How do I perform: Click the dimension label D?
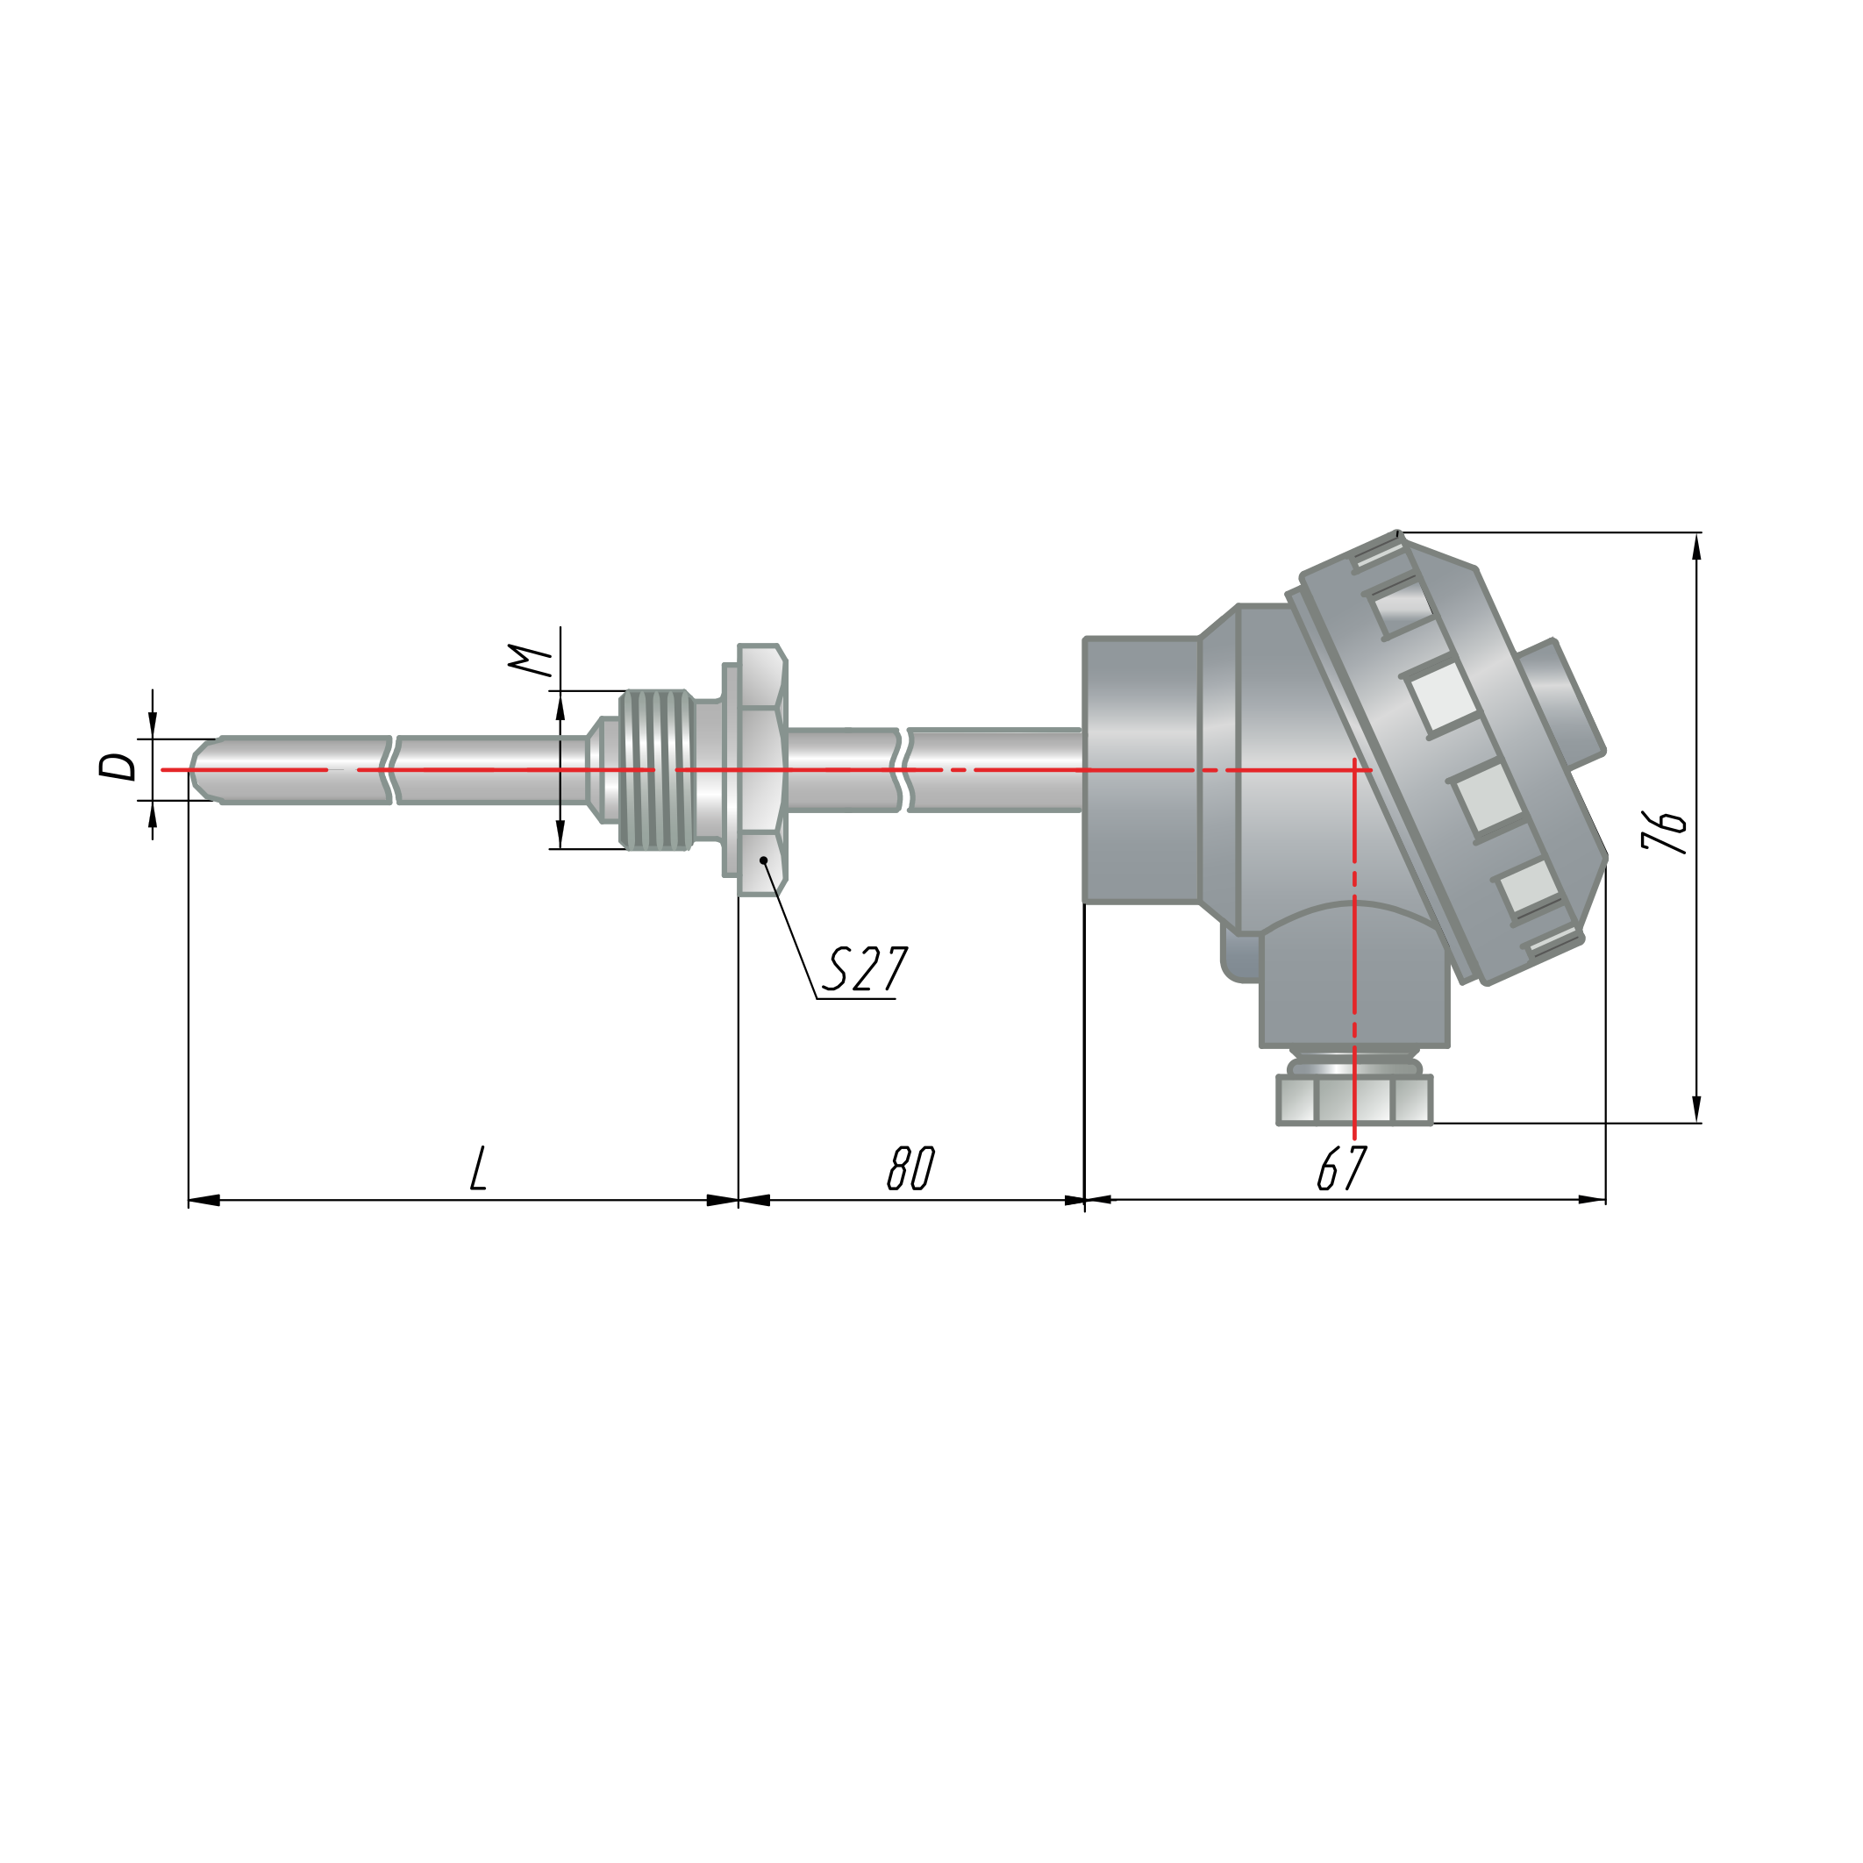(x=118, y=767)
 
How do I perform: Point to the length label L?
(x=478, y=1167)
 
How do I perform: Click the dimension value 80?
(x=910, y=1167)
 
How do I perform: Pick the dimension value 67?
(x=1342, y=1167)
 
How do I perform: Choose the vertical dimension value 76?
(x=1666, y=832)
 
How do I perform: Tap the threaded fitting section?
(x=657, y=769)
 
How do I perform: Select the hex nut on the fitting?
(x=763, y=769)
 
